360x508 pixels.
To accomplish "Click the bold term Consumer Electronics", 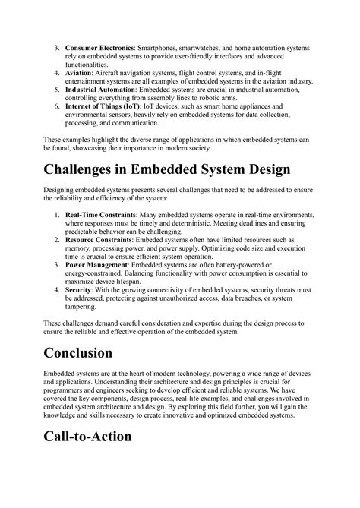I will pyautogui.click(x=102, y=48).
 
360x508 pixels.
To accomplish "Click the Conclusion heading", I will pyautogui.click(x=88, y=353).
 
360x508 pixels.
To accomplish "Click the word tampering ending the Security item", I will pyautogui.click(x=84, y=309).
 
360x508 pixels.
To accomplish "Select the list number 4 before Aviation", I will pyautogui.click(x=56, y=74).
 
